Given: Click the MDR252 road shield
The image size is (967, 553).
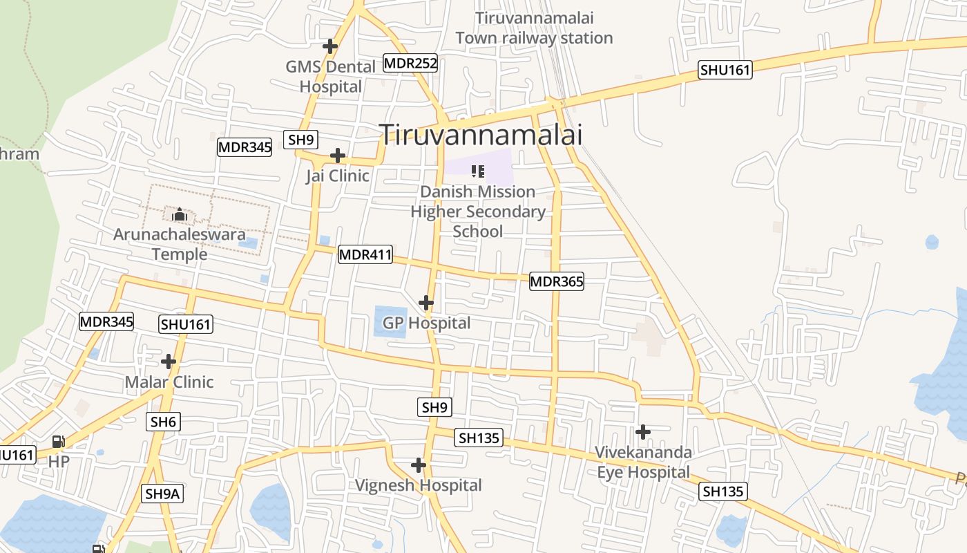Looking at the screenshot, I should pyautogui.click(x=411, y=64).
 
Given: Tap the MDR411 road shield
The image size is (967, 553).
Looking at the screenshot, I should pyautogui.click(x=365, y=255).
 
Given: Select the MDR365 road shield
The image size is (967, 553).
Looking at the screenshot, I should pyautogui.click(x=557, y=281).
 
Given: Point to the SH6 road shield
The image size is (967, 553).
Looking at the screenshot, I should pyautogui.click(x=164, y=422).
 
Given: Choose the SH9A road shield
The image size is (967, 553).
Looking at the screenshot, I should pyautogui.click(x=163, y=494).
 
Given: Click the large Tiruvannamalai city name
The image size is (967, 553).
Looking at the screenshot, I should pyautogui.click(x=481, y=135).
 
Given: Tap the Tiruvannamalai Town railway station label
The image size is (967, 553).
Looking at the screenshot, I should pyautogui.click(x=534, y=28).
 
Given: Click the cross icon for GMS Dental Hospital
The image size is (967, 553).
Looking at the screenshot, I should pyautogui.click(x=330, y=46).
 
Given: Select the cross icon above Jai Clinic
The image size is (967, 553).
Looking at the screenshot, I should pyautogui.click(x=338, y=156).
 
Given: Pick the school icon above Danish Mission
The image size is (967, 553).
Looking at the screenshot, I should pyautogui.click(x=478, y=171).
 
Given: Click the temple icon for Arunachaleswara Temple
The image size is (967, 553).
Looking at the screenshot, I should pyautogui.click(x=180, y=215).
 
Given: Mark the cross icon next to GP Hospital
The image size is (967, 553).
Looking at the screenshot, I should pyautogui.click(x=426, y=303).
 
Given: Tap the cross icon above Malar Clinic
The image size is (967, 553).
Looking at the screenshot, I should pyautogui.click(x=169, y=362).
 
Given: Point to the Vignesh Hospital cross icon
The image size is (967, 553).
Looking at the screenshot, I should pyautogui.click(x=418, y=465).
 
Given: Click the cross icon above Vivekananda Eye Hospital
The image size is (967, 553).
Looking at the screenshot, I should pyautogui.click(x=643, y=433).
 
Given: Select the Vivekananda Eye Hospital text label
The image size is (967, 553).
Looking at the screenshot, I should pyautogui.click(x=643, y=462).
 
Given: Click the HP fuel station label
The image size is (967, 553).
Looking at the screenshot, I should pyautogui.click(x=59, y=461).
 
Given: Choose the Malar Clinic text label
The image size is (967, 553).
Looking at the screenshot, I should pyautogui.click(x=169, y=382).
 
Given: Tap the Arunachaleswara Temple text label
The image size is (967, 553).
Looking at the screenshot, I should pyautogui.click(x=180, y=244).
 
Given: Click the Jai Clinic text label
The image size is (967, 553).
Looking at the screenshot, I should pyautogui.click(x=338, y=176).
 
